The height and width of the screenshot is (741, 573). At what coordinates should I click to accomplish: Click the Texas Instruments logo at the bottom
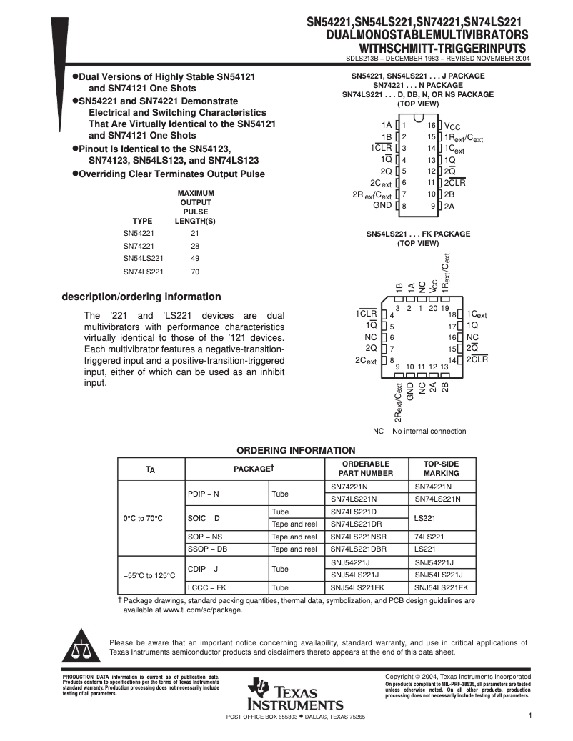[294, 694]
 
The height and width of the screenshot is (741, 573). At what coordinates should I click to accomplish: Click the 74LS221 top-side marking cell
[429, 537]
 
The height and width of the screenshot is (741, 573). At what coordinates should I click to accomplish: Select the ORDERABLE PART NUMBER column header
[367, 468]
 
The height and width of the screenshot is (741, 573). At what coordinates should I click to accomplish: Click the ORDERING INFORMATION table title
[296, 450]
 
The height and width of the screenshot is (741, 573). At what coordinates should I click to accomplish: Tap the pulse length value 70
[195, 272]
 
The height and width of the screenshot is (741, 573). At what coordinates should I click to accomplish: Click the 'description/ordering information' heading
[141, 297]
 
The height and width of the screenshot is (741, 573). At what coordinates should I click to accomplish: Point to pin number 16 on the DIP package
[432, 125]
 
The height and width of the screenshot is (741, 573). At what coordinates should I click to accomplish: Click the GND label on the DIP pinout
[382, 205]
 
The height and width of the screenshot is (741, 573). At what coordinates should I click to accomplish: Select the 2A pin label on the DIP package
[449, 207]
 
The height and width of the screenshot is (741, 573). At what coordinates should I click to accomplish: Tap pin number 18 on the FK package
[452, 314]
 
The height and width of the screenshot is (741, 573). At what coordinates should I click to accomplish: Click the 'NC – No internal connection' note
[419, 431]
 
